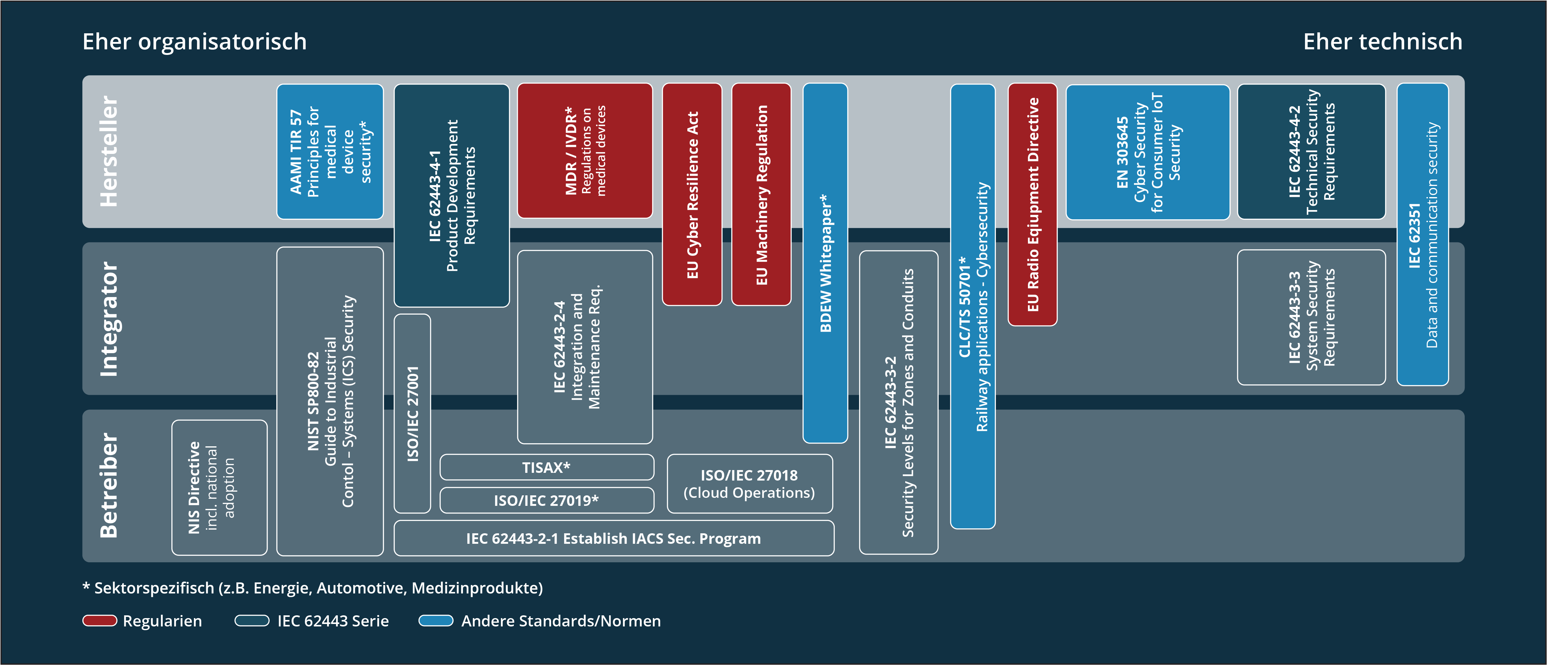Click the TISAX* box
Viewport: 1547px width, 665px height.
(546, 467)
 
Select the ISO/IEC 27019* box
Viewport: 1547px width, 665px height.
(546, 500)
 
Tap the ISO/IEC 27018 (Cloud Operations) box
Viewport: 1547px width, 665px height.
(750, 484)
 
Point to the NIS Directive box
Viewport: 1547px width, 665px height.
(219, 487)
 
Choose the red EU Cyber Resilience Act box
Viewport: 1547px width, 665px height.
(692, 194)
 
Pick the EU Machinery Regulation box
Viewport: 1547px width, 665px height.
(761, 194)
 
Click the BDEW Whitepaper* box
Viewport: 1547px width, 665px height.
(825, 262)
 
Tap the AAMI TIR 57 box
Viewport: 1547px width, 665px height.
(330, 151)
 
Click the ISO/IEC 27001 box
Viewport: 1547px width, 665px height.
(412, 413)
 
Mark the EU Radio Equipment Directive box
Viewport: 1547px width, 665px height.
(1032, 204)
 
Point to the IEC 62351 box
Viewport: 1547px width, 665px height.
(1422, 234)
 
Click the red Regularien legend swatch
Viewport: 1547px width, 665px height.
(100, 621)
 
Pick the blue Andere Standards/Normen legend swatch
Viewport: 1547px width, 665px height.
(436, 621)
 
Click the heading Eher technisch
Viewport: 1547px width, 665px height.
(1382, 41)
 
